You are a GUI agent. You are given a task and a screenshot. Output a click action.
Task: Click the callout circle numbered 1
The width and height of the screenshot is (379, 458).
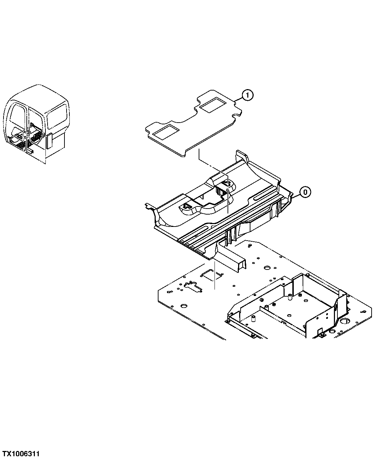[247, 95]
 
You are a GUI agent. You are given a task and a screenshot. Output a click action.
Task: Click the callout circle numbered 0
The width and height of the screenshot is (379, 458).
[305, 192]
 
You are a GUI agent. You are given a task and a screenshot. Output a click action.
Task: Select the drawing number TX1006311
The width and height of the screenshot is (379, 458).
[21, 452]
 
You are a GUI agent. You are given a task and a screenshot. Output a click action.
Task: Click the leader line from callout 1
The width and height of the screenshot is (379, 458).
[238, 99]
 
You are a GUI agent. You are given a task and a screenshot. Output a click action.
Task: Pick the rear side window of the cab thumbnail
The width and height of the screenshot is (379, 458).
[57, 116]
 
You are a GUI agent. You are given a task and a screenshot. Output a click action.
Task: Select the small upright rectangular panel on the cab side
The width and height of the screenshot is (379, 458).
[49, 142]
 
